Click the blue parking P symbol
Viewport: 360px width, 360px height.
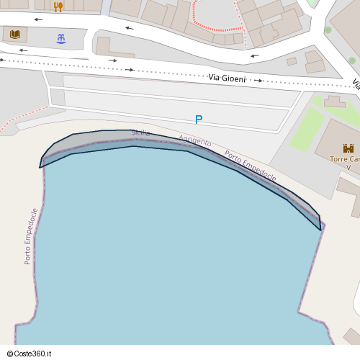(199, 120)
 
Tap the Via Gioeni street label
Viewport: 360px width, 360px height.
(227, 77)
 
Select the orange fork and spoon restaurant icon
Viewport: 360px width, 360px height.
(58, 6)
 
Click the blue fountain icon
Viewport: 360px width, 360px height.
(60, 37)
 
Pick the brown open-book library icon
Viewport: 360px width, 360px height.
(15, 34)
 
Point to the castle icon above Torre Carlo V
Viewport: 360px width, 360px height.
(348, 148)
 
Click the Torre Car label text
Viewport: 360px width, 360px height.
(343, 158)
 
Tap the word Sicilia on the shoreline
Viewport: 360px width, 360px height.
(140, 133)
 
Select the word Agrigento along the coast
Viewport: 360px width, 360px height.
(195, 141)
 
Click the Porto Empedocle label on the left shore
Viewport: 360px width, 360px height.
(31, 236)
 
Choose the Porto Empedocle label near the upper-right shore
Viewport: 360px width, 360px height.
(250, 165)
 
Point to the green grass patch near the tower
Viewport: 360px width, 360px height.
(307, 130)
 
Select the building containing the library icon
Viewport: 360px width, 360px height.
(14, 34)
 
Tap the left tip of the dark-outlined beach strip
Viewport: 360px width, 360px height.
(41, 165)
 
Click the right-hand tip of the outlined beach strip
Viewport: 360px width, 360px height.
(319, 228)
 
